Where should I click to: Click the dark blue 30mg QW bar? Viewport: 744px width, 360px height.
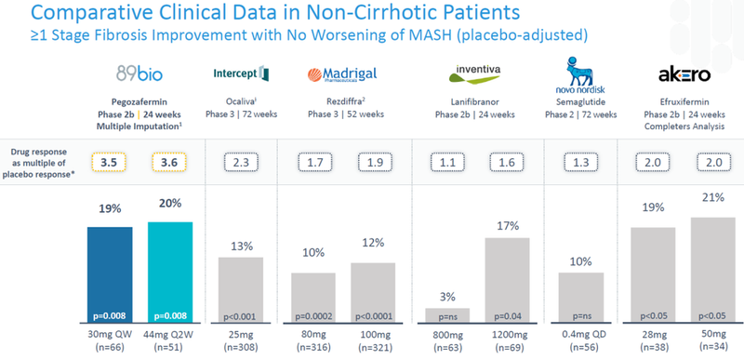pos(110,275)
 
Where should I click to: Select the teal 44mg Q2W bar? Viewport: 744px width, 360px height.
pos(170,273)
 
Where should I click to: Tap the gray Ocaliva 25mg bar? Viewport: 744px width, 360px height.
pos(241,290)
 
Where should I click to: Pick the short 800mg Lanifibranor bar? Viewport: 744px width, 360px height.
pos(447,316)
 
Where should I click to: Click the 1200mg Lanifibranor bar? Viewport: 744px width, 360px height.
pos(507,280)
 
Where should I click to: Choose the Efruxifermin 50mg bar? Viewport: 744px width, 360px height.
pos(712,271)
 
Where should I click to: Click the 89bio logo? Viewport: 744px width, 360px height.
pos(139,74)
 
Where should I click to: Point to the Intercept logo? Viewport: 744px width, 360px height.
pos(241,73)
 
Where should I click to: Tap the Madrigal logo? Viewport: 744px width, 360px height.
pos(342,74)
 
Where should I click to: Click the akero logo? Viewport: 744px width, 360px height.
pos(684,74)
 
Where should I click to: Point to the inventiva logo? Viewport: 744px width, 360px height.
pos(474,73)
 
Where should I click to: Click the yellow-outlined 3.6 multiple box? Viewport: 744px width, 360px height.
pos(169,162)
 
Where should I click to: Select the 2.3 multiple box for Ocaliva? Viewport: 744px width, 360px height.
pos(241,163)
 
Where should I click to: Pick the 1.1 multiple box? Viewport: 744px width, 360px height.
pos(447,163)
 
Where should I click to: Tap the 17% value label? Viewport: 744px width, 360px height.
pos(508,226)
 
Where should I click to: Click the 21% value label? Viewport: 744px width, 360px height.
pos(713,197)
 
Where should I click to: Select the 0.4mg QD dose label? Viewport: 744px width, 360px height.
pos(580,333)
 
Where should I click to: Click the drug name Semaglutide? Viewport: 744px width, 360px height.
pos(580,101)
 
